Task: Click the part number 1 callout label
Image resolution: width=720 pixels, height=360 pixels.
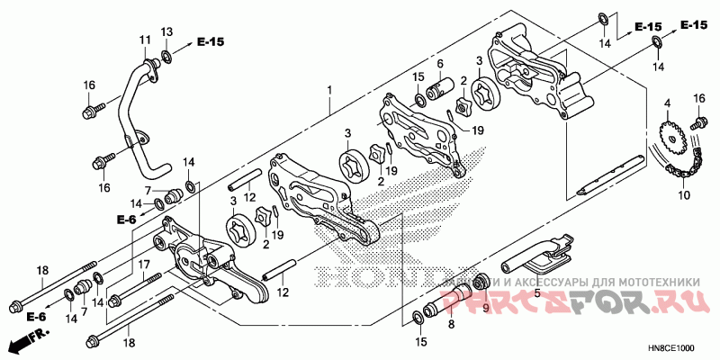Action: pyautogui.click(x=329, y=90)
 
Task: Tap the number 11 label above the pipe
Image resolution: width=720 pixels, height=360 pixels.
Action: pyautogui.click(x=144, y=40)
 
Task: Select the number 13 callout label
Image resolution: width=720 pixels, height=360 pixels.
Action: pyautogui.click(x=166, y=32)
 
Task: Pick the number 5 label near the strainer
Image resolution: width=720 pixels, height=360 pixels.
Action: pyautogui.click(x=536, y=292)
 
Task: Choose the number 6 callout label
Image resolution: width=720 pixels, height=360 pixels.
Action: pyautogui.click(x=441, y=64)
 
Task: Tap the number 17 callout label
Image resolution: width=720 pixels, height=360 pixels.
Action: pyautogui.click(x=141, y=264)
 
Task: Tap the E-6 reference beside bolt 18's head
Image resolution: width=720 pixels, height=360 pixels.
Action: pyautogui.click(x=36, y=316)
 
